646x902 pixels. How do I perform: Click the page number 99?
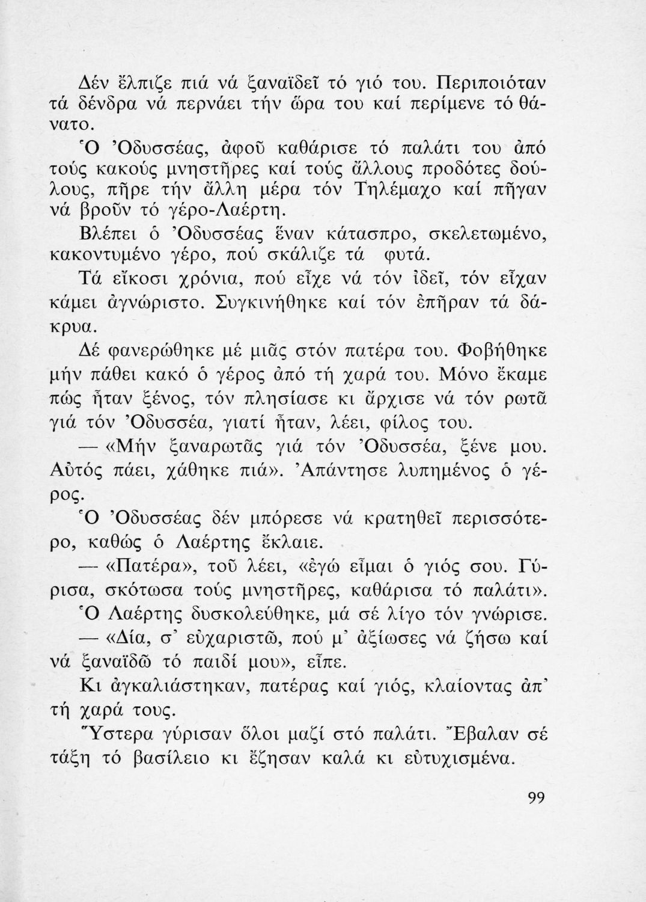tap(536, 798)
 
